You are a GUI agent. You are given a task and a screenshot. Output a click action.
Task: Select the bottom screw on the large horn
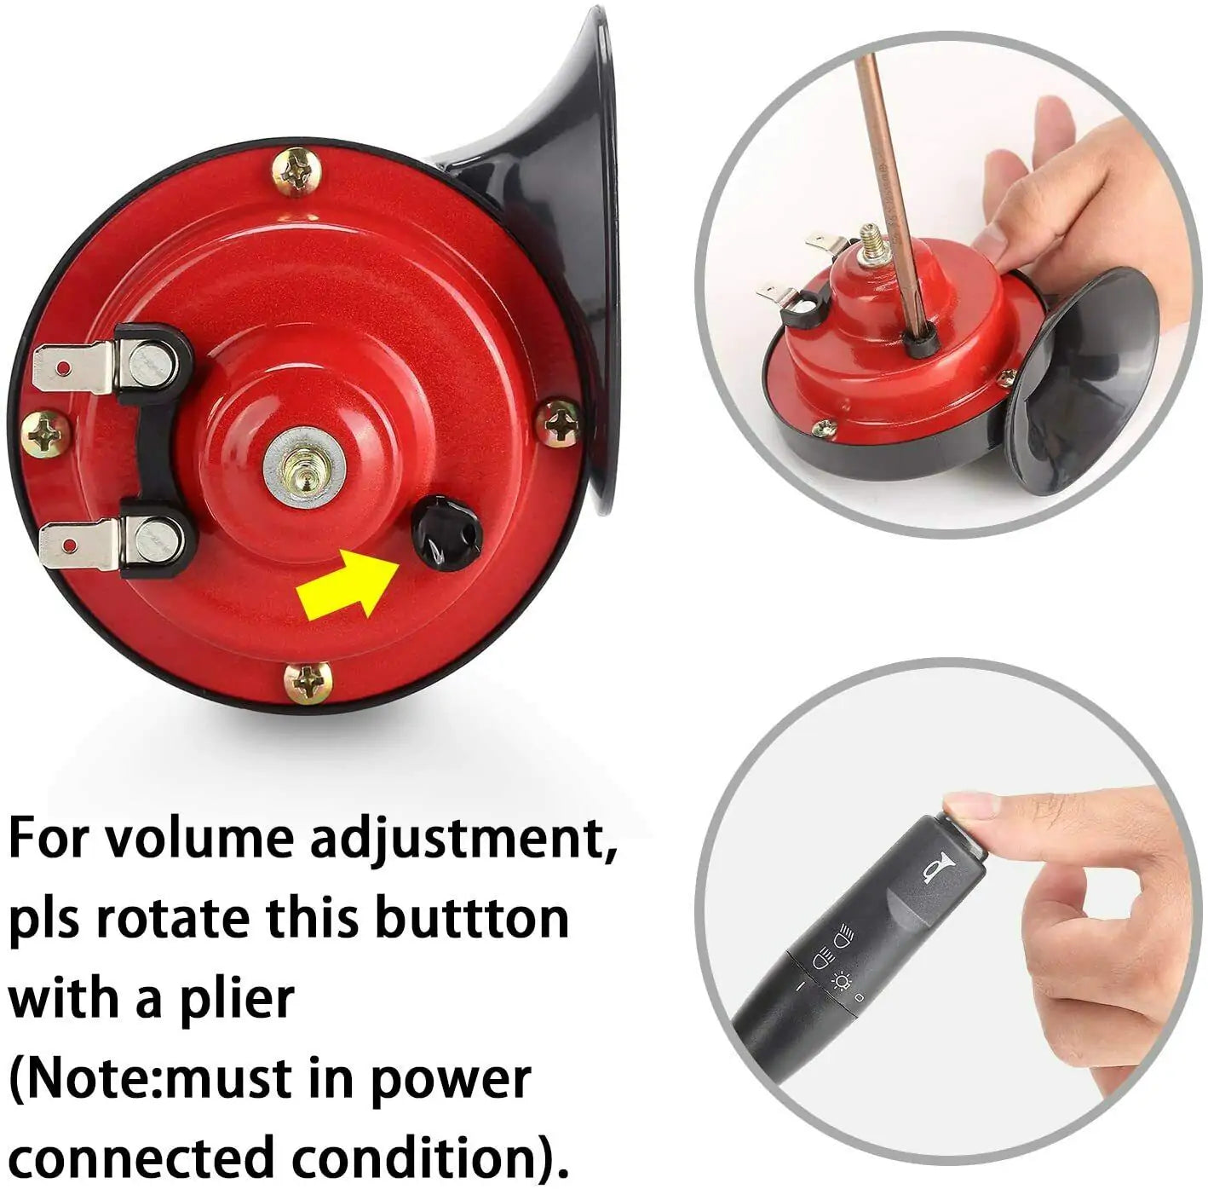pyautogui.click(x=308, y=682)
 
